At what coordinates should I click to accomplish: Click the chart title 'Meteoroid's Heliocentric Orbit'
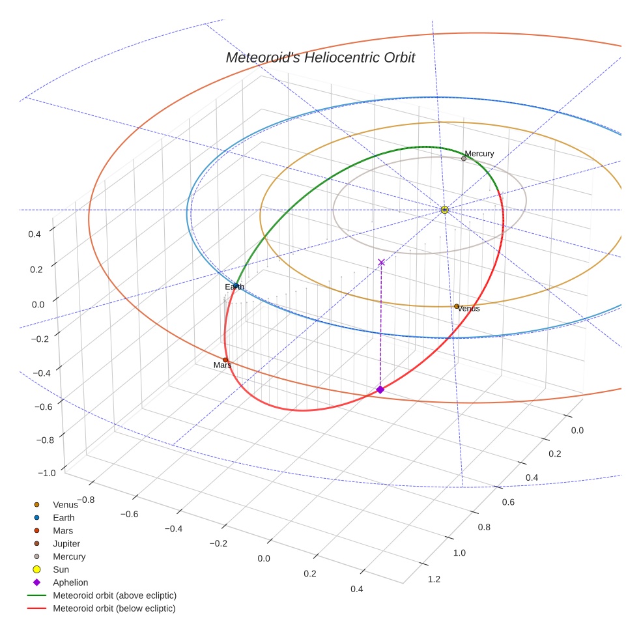point(320,58)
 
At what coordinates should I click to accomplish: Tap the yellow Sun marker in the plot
point(444,210)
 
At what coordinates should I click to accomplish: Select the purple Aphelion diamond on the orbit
point(380,390)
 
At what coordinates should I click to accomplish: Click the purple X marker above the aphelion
point(382,263)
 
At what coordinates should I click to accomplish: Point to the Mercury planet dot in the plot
point(464,158)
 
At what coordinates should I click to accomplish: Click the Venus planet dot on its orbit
point(457,306)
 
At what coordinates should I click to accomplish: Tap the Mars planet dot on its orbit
point(225,360)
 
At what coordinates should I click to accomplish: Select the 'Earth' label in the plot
point(235,287)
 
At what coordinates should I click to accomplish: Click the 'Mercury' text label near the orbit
point(479,154)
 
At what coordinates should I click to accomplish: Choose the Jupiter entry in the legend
point(66,543)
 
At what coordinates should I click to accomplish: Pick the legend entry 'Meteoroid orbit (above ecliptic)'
point(115,595)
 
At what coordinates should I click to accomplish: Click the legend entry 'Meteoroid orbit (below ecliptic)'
point(114,608)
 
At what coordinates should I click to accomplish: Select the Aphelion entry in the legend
point(70,582)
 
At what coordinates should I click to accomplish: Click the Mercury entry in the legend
point(69,556)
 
